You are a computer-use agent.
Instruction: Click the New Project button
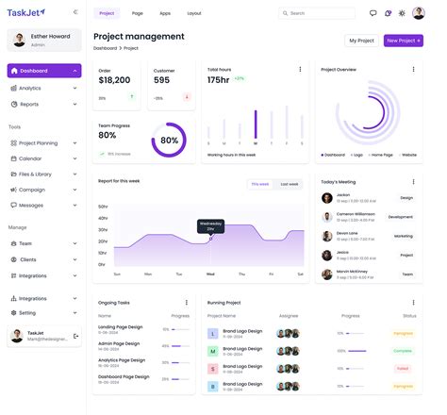click(x=404, y=41)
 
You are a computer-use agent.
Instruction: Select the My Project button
click(x=361, y=41)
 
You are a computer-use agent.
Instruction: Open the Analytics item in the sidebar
click(x=30, y=88)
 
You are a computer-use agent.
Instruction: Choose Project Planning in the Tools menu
click(x=38, y=143)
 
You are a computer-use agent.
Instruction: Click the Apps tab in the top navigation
click(x=165, y=13)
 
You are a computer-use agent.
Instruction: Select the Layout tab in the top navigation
click(x=193, y=13)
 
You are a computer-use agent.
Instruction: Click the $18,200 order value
click(x=114, y=80)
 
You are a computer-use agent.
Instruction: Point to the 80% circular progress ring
click(x=169, y=140)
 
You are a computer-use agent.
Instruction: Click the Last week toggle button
click(x=290, y=184)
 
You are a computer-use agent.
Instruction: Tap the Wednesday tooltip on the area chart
click(x=210, y=226)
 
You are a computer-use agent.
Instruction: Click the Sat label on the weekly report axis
click(x=271, y=274)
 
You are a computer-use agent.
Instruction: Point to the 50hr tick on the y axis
click(x=102, y=206)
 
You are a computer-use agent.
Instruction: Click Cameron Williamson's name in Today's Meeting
click(x=355, y=213)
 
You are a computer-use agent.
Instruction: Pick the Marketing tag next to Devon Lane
click(x=404, y=236)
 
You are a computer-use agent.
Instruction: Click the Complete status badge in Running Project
click(x=403, y=351)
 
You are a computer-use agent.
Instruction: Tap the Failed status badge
click(x=403, y=369)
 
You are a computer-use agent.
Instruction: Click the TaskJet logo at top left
click(x=26, y=12)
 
